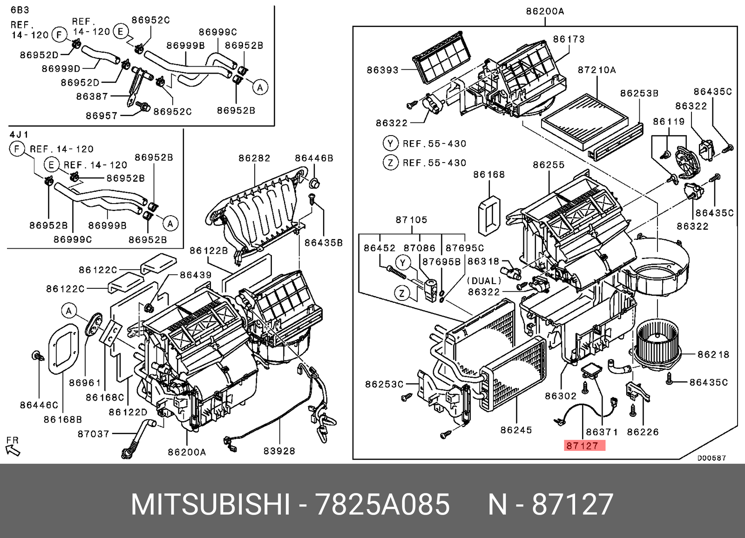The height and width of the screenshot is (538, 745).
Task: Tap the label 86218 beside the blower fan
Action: pos(713,355)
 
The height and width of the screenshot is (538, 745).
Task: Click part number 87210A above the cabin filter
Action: pos(596,70)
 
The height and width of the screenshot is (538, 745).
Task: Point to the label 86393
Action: pos(382,70)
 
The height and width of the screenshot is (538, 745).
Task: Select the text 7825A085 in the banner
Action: pos(383,505)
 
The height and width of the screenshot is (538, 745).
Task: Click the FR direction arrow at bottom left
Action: pos(13,448)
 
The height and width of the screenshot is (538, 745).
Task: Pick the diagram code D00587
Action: pos(711,458)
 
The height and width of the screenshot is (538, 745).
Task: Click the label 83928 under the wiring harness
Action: pos(279,451)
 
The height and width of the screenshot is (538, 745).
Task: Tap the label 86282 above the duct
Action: pos(254,158)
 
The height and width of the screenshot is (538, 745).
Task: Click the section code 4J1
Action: pos(19,135)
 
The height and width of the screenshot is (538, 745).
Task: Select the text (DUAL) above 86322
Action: pos(484,281)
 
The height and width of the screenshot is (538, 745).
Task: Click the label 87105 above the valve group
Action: pos(411,219)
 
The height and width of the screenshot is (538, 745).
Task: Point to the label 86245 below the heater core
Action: pos(516,430)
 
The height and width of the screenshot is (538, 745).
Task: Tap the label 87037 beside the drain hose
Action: pos(94,434)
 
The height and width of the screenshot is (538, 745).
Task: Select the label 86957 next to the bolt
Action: pos(102,115)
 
